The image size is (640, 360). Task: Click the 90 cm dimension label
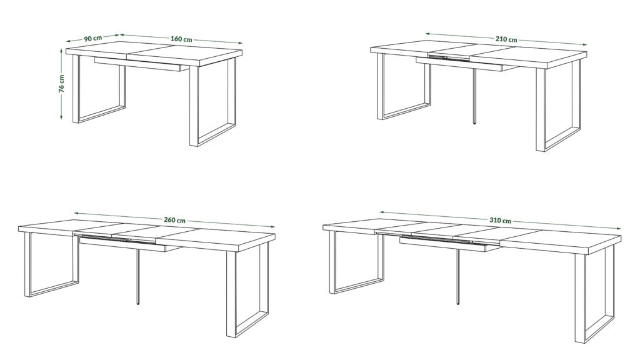[92, 38]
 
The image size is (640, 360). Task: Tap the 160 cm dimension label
[181, 39]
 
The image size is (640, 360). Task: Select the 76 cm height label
[62, 83]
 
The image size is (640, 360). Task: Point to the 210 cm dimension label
[506, 39]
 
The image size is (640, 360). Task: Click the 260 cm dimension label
[175, 220]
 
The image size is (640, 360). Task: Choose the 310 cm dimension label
[500, 220]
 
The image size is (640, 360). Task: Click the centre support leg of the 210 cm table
[474, 96]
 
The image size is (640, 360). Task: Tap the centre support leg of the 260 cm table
[138, 277]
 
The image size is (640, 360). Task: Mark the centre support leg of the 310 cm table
[458, 277]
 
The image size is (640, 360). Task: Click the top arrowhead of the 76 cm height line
[61, 51]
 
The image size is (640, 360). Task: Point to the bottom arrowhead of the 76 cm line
[61, 117]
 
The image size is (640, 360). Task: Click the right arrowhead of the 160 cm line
[240, 42]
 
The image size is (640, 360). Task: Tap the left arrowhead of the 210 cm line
[427, 34]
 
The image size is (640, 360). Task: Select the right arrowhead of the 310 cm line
[618, 229]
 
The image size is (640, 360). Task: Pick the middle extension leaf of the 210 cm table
[452, 53]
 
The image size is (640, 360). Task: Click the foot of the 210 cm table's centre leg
[474, 122]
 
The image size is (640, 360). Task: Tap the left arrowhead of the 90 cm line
[69, 41]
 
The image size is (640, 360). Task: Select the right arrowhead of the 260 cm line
[272, 226]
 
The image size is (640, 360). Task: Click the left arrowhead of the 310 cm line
[382, 212]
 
